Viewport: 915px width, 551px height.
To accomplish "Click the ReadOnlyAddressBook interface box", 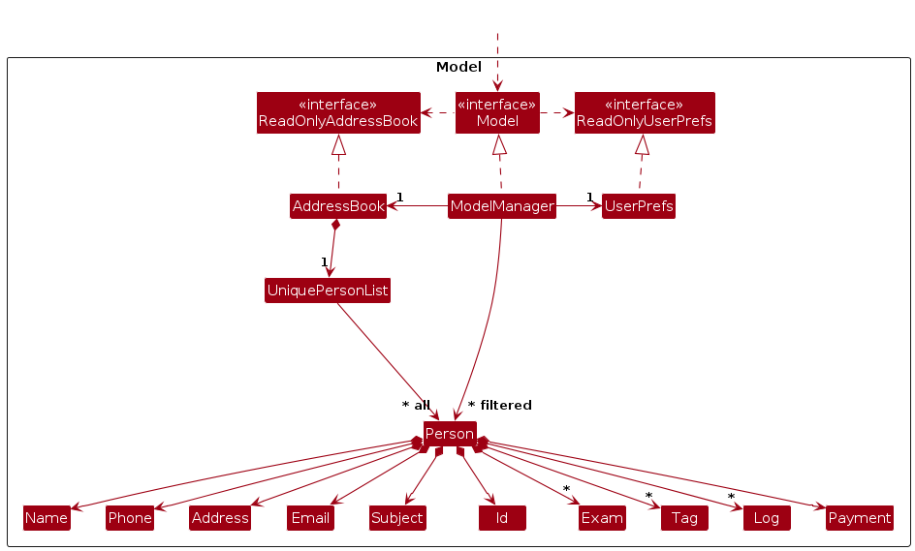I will (x=337, y=113).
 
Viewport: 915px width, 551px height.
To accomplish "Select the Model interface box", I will (x=497, y=113).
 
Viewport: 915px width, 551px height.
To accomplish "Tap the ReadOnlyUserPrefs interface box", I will (x=645, y=113).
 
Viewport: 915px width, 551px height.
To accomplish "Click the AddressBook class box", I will (x=338, y=206).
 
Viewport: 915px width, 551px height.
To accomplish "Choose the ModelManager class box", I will (x=502, y=206).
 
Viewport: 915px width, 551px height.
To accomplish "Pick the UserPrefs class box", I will (x=638, y=206).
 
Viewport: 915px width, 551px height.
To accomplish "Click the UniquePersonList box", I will (x=328, y=291).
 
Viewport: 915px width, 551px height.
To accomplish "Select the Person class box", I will (x=450, y=434).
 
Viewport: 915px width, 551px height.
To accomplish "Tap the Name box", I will (x=47, y=518).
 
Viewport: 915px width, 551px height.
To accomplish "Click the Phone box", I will (x=130, y=518).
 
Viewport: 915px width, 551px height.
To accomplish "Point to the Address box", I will (x=220, y=518).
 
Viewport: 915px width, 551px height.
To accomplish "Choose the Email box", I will (x=311, y=518).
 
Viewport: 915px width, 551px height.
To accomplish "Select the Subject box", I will (x=397, y=518).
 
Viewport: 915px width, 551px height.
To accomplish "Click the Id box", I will (x=502, y=518).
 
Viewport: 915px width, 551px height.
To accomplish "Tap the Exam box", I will (x=602, y=518).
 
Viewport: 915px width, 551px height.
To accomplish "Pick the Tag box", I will (x=684, y=518).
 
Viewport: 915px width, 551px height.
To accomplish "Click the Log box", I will (x=767, y=518).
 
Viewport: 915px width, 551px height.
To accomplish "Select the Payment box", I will (x=859, y=518).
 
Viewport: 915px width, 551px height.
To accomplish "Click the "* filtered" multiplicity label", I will (x=499, y=406).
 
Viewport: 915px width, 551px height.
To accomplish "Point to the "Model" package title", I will (x=458, y=67).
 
